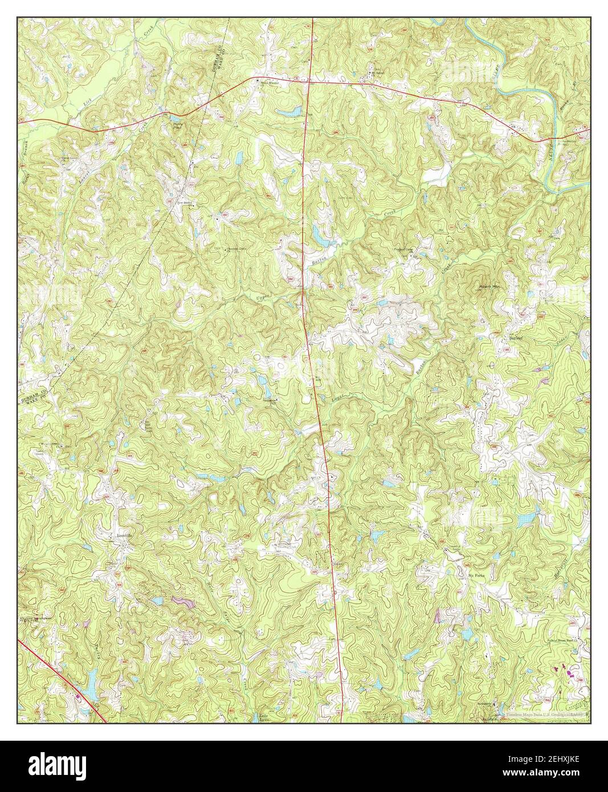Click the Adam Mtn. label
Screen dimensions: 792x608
tap(488, 284)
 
